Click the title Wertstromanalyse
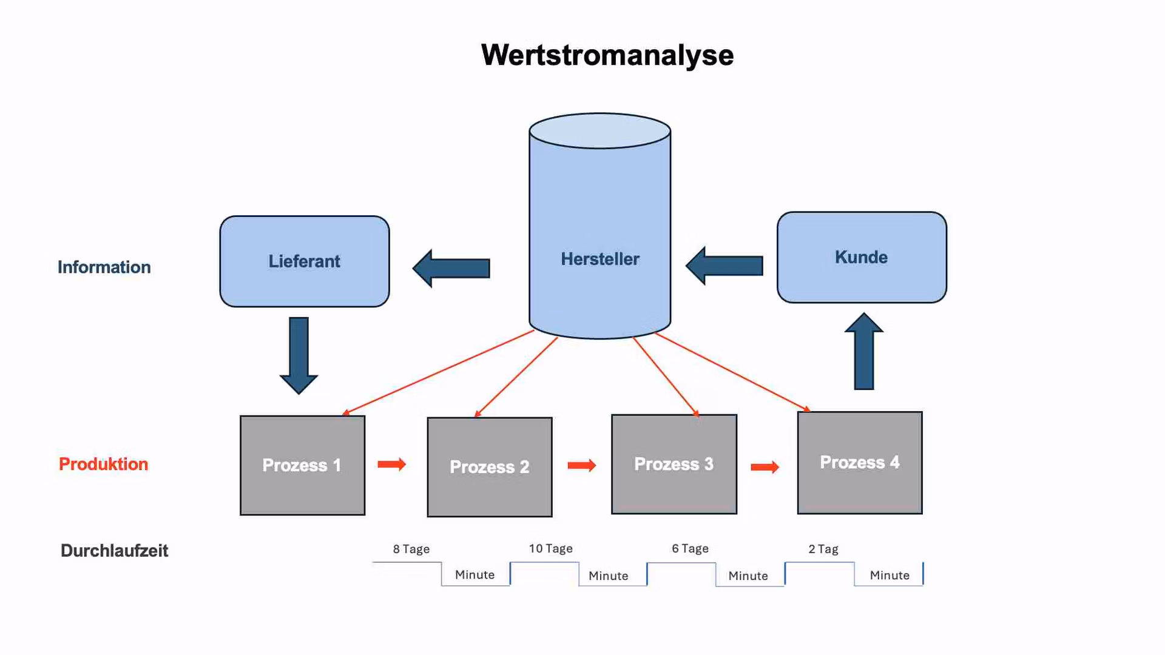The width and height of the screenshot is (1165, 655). pos(607,55)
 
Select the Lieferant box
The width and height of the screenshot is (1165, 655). pos(305,261)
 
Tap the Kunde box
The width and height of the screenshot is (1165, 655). pos(862,257)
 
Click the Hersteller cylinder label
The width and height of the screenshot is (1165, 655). pos(599,259)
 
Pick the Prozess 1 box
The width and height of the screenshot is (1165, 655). pos(302,465)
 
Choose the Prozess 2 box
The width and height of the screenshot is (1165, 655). pos(490,467)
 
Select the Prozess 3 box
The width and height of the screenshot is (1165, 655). pos(674,464)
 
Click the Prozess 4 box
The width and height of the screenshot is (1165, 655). pos(860,463)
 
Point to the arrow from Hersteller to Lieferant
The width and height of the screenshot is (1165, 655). pos(451,268)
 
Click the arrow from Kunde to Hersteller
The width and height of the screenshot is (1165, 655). pos(724,266)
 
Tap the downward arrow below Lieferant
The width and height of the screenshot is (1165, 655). pos(299,355)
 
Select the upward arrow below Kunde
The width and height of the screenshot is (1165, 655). pos(864,351)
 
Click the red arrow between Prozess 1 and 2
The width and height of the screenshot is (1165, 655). pos(392,465)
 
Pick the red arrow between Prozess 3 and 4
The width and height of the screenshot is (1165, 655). pos(765,467)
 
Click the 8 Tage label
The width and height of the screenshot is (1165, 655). pos(411,549)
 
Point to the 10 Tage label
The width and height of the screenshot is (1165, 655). pos(550,548)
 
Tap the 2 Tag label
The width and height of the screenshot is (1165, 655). pos(823,549)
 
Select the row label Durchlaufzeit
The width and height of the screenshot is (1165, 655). pos(114,551)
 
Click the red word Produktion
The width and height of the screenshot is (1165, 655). pos(103,464)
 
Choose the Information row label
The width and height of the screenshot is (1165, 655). pos(104,267)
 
